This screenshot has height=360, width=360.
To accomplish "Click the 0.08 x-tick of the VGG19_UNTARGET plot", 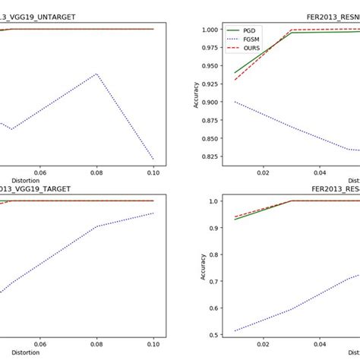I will [96, 172].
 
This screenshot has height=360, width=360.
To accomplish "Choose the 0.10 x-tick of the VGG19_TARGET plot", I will [153, 345].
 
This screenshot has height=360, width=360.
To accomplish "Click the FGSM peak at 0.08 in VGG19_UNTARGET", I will [96, 74].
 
